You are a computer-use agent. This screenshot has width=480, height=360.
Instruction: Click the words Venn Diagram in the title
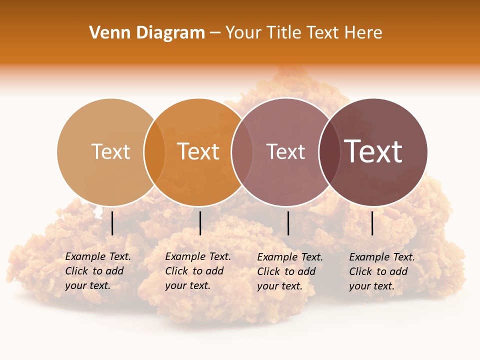click(147, 33)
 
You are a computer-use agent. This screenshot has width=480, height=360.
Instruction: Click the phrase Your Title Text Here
click(303, 33)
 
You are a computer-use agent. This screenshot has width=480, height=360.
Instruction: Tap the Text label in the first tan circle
click(110, 151)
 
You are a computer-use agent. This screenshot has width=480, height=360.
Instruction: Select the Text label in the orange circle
click(198, 151)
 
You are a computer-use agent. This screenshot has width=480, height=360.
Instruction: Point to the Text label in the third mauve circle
click(285, 151)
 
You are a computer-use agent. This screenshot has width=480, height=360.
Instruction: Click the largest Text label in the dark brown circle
click(373, 151)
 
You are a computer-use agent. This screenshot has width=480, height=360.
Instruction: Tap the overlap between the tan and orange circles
click(154, 152)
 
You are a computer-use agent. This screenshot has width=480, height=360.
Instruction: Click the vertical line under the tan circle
click(112, 223)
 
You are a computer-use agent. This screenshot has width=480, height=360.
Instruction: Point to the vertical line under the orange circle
click(200, 223)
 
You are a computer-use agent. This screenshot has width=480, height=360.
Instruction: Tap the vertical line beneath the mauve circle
click(288, 223)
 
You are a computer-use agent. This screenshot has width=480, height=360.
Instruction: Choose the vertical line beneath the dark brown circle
click(372, 223)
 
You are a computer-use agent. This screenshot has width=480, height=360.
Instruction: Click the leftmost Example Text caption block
click(98, 271)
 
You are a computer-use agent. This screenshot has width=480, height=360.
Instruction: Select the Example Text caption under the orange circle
click(198, 271)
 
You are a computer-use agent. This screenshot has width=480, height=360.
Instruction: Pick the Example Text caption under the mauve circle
click(290, 271)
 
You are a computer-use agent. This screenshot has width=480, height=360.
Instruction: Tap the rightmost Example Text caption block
click(382, 271)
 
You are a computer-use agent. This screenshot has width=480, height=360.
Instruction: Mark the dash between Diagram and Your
click(215, 33)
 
